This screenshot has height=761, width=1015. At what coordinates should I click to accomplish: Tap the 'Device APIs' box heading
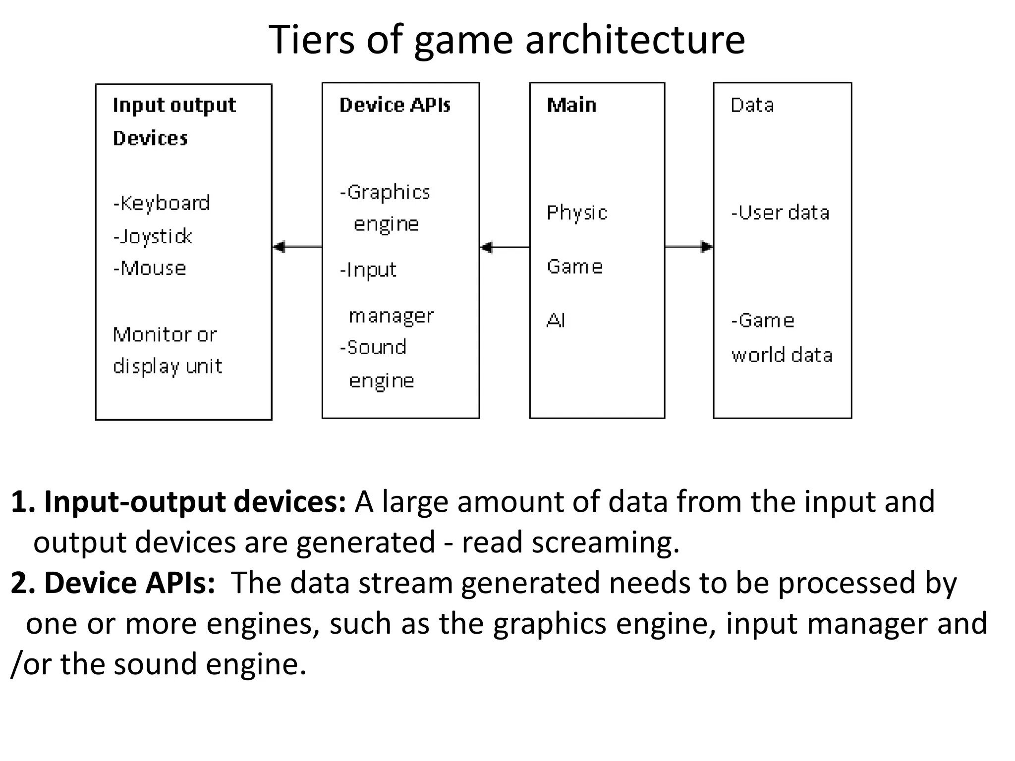tap(395, 105)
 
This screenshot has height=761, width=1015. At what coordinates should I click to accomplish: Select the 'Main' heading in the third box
tap(571, 105)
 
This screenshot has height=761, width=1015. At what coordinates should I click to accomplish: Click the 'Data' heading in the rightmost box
tap(752, 105)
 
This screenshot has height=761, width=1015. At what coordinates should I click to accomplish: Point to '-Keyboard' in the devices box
tap(162, 203)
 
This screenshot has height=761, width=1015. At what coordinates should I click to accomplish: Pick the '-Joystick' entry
tap(153, 236)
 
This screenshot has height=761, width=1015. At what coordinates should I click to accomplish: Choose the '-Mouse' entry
tap(150, 269)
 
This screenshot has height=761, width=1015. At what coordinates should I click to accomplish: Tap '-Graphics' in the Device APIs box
tap(385, 192)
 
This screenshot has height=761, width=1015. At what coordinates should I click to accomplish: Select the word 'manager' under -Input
tap(391, 316)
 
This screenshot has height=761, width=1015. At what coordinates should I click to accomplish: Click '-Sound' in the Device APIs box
tap(373, 347)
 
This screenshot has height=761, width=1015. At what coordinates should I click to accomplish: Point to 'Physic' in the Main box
tap(577, 213)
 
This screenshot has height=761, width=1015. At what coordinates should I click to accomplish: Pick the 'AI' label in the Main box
tap(556, 321)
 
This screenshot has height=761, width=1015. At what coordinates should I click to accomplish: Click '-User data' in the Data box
tap(780, 213)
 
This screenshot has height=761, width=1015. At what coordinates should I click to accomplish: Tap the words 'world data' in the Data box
tap(782, 355)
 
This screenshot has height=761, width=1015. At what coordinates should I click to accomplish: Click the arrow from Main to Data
tap(689, 246)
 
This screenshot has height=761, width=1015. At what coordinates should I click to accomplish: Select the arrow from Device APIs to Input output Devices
tap(297, 246)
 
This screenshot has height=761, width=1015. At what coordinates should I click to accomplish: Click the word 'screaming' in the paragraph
tap(605, 542)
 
